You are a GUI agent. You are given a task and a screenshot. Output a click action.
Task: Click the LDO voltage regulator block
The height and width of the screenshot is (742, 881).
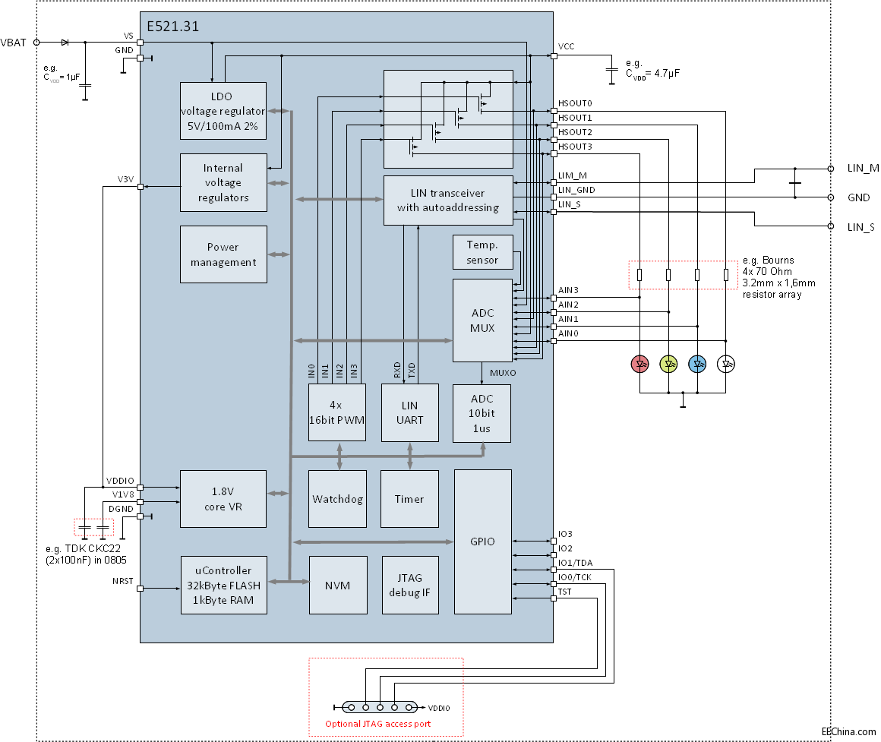(x=223, y=111)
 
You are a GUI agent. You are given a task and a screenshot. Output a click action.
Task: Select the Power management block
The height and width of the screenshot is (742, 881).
(x=223, y=254)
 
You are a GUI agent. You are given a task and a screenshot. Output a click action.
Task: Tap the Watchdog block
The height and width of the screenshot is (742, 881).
(x=337, y=499)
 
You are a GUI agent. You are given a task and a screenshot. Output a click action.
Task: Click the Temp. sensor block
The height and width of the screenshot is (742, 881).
(x=482, y=252)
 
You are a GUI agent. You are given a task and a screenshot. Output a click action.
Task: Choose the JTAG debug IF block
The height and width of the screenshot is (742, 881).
(x=409, y=586)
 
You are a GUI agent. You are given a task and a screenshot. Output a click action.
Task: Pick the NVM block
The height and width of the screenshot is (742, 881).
(x=338, y=586)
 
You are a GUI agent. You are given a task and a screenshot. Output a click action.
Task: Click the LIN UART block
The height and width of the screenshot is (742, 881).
(x=409, y=413)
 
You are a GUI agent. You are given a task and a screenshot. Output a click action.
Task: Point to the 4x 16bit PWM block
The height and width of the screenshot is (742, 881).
(x=337, y=413)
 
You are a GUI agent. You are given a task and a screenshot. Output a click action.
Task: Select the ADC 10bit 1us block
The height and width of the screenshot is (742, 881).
(x=482, y=413)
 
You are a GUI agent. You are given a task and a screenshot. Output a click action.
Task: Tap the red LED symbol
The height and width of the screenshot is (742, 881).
(x=640, y=364)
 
